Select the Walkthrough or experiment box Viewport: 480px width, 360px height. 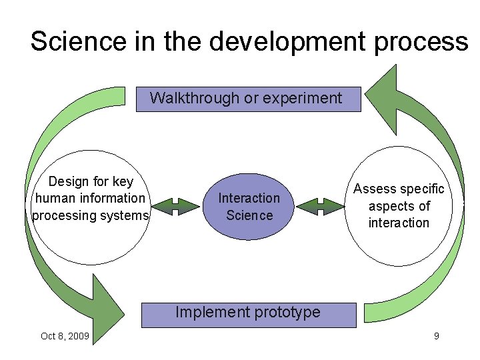click(247, 99)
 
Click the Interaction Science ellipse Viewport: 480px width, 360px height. click(249, 207)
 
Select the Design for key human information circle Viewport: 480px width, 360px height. click(91, 207)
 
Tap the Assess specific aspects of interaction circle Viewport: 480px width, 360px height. click(399, 207)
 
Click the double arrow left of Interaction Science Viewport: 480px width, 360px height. click(176, 207)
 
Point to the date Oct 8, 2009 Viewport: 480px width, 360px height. click(64, 336)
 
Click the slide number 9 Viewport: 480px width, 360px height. click(436, 336)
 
